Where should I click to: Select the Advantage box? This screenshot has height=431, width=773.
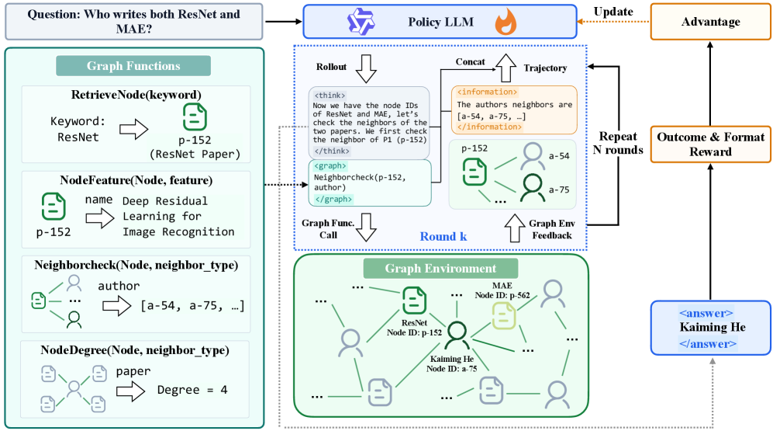point(710,22)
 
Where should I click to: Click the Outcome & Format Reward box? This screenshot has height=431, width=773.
point(710,144)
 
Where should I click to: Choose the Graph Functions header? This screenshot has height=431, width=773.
point(133,66)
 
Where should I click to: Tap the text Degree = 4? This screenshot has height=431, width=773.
point(192,389)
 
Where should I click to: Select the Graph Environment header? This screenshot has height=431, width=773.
point(440,269)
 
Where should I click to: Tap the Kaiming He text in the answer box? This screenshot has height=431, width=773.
point(712,327)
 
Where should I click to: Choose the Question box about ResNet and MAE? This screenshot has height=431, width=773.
point(134,21)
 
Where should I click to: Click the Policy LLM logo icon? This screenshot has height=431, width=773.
point(361,21)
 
